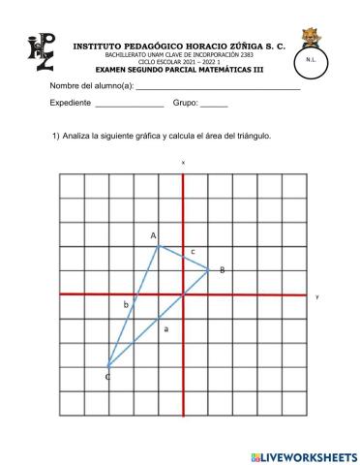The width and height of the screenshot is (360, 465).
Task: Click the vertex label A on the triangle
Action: pos(153,235)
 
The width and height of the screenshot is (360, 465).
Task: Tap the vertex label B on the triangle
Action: pos(222,269)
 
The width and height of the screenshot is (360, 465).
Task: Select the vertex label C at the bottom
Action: pos(107,376)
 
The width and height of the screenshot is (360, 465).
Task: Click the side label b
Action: pos(126,305)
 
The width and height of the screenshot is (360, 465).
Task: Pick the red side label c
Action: pos(193,252)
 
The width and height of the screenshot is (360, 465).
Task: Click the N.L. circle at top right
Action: pos(309,60)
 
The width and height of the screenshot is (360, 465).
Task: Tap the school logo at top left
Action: pos(40,55)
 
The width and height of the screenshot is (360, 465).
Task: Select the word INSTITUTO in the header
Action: pos(102,45)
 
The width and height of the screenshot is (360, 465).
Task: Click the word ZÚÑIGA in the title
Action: pos(245,45)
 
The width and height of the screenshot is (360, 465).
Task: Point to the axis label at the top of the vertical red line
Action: pos(183,163)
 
